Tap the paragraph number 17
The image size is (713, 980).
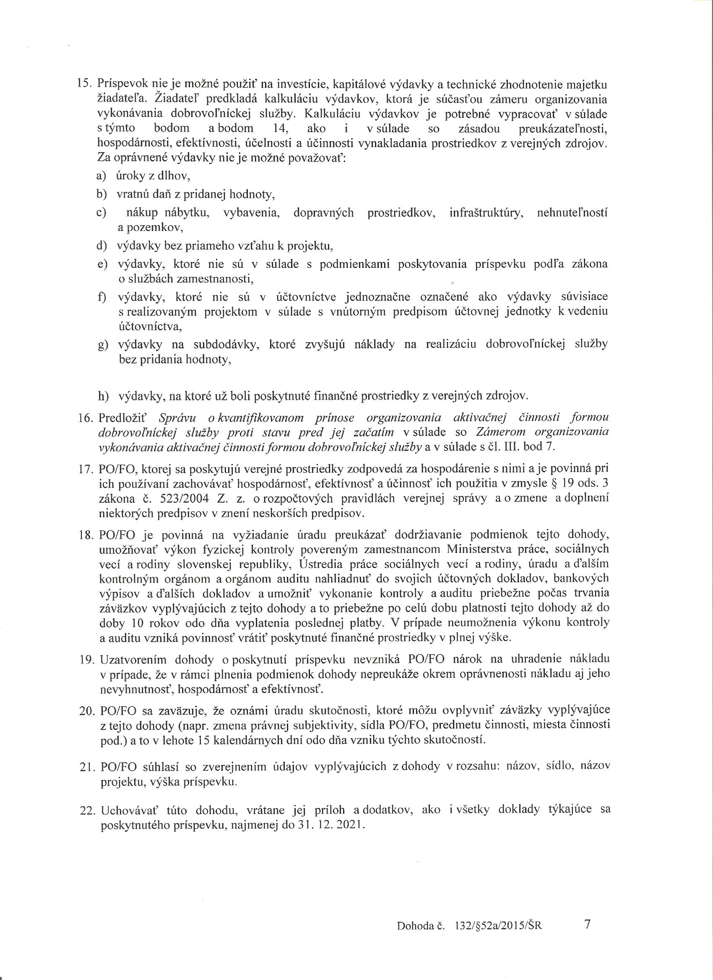coord(88,469)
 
